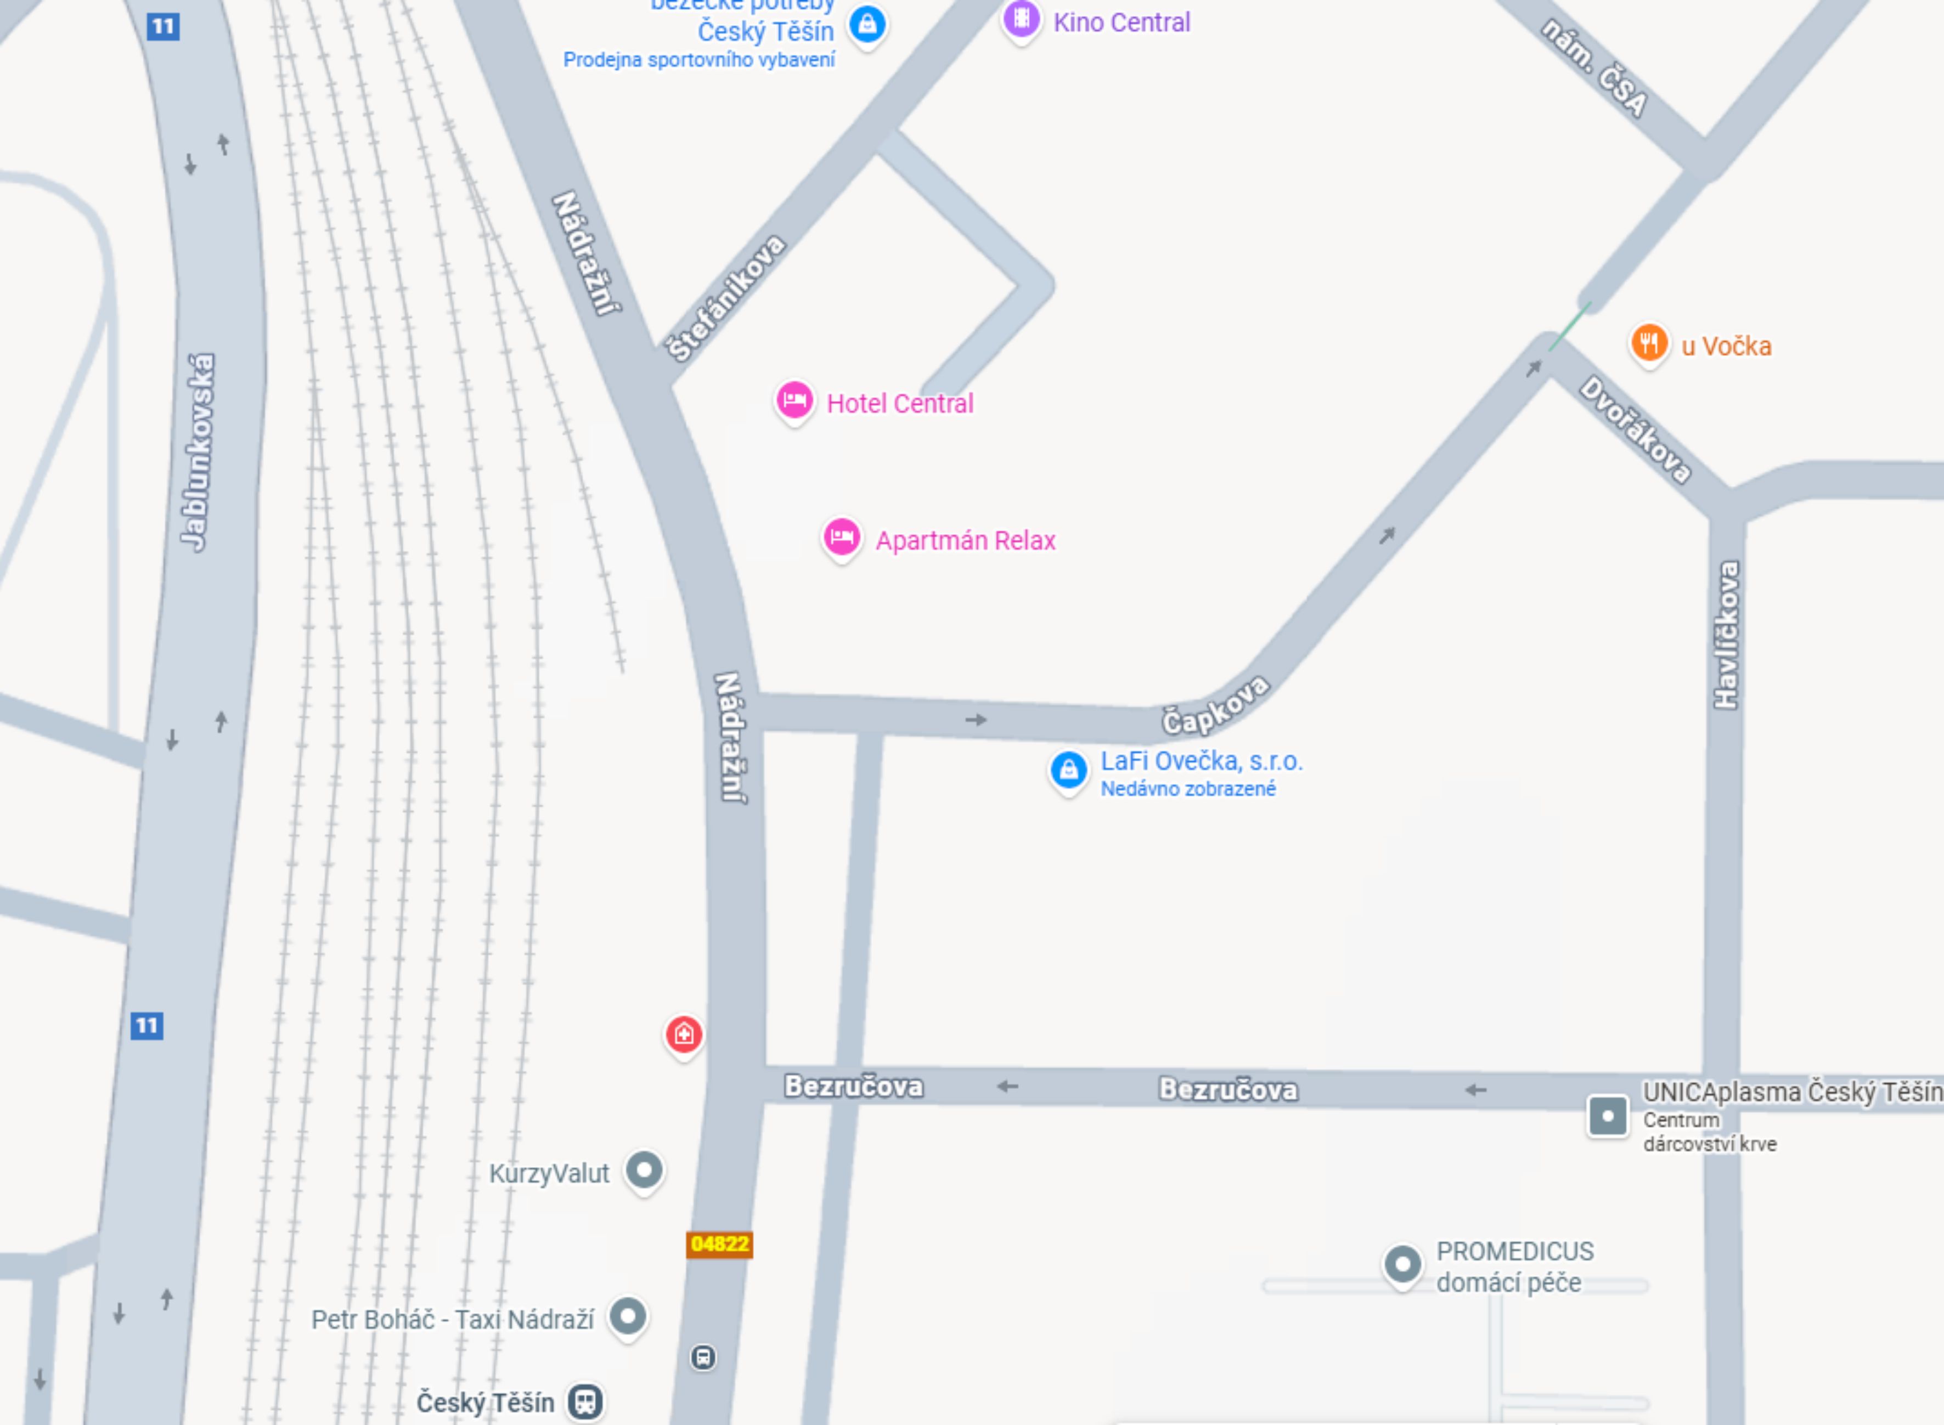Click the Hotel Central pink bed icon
pos(794,400)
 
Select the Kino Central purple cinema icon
pos(1021,18)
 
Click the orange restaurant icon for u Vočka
pos(1648,342)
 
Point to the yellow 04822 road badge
pos(719,1244)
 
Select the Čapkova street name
pos(1215,705)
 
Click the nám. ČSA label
pos(1594,67)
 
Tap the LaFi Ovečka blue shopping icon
pos(1068,768)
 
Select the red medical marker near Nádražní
pos(683,1033)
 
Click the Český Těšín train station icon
pos(584,1401)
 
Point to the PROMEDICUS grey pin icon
pos(1402,1264)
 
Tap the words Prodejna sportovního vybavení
pos(699,60)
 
